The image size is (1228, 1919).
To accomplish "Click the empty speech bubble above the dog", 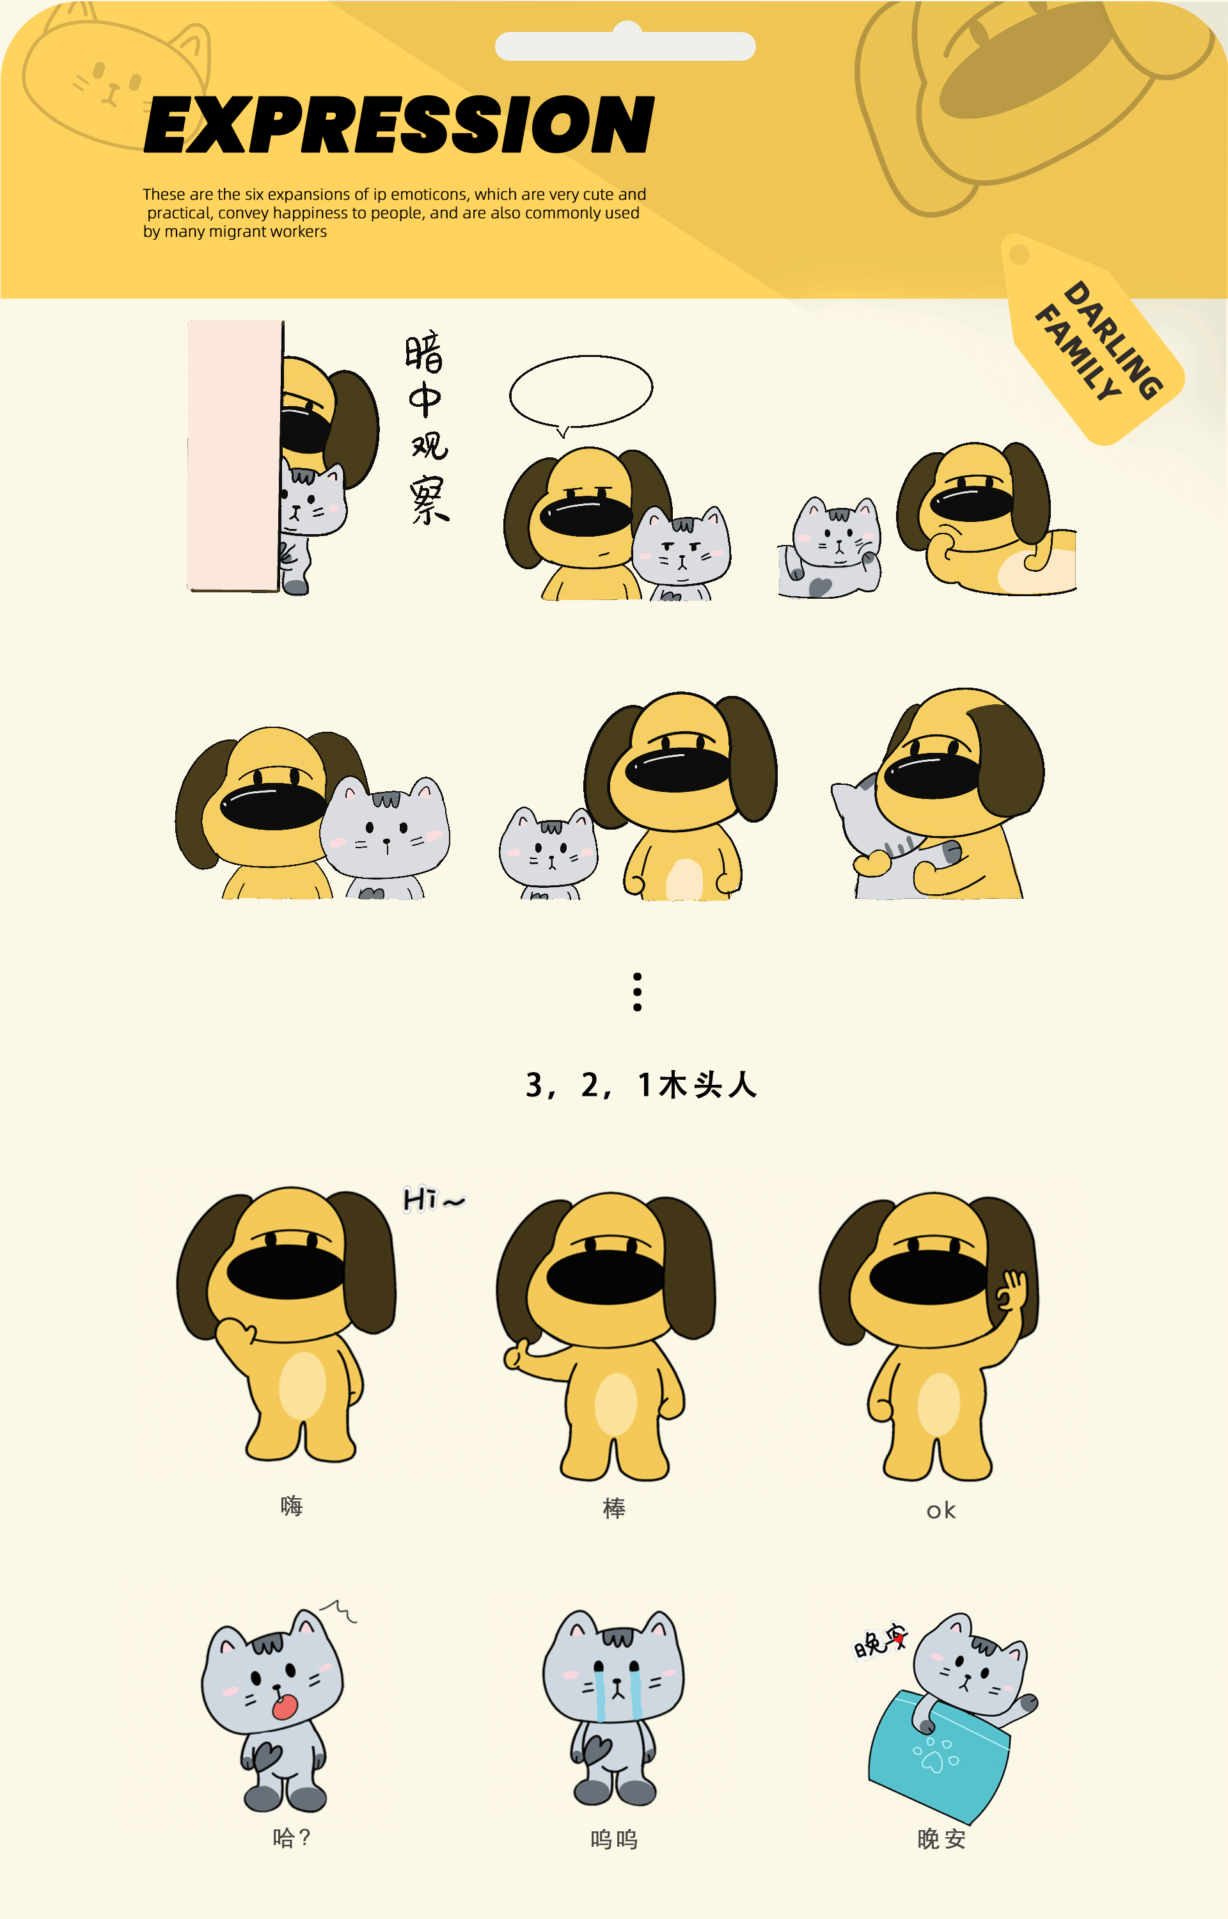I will (581, 390).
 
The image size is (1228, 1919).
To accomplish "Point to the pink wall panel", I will (233, 454).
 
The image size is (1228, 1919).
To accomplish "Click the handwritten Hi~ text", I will (433, 1199).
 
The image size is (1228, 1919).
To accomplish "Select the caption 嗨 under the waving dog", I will (292, 1505).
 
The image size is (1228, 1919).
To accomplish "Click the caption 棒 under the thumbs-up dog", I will (614, 1508).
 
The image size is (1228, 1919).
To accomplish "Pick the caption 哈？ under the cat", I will (292, 1838).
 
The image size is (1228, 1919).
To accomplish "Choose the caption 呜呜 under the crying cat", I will (614, 1839).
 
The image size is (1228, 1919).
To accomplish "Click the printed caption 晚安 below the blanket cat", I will (941, 1839).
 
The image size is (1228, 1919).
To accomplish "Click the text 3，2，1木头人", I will (640, 1085).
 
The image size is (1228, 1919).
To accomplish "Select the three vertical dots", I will (637, 991).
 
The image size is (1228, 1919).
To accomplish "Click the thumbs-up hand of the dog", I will (517, 1355).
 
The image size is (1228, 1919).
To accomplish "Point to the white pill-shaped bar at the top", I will (625, 46).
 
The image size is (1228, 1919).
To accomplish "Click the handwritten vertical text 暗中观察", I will (427, 427).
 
